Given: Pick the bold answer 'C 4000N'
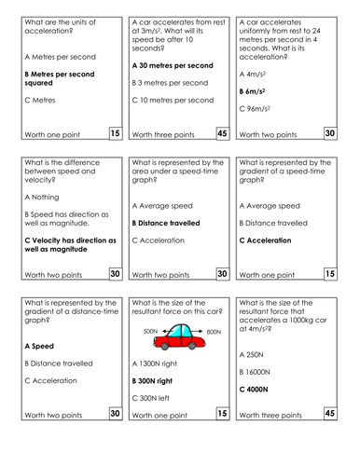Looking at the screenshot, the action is click(x=255, y=389).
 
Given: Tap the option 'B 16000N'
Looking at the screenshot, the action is click(x=256, y=371).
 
